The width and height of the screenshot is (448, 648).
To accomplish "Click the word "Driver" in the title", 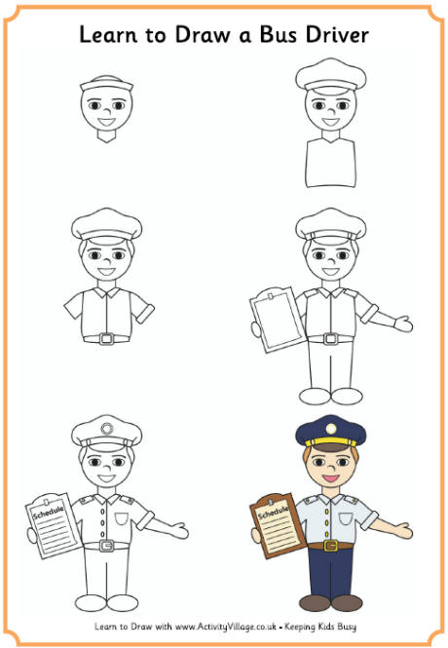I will coord(333,36).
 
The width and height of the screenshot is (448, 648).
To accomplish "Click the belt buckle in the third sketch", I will coord(107,338).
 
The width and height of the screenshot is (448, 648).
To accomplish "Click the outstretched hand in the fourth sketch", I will coord(399,323).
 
